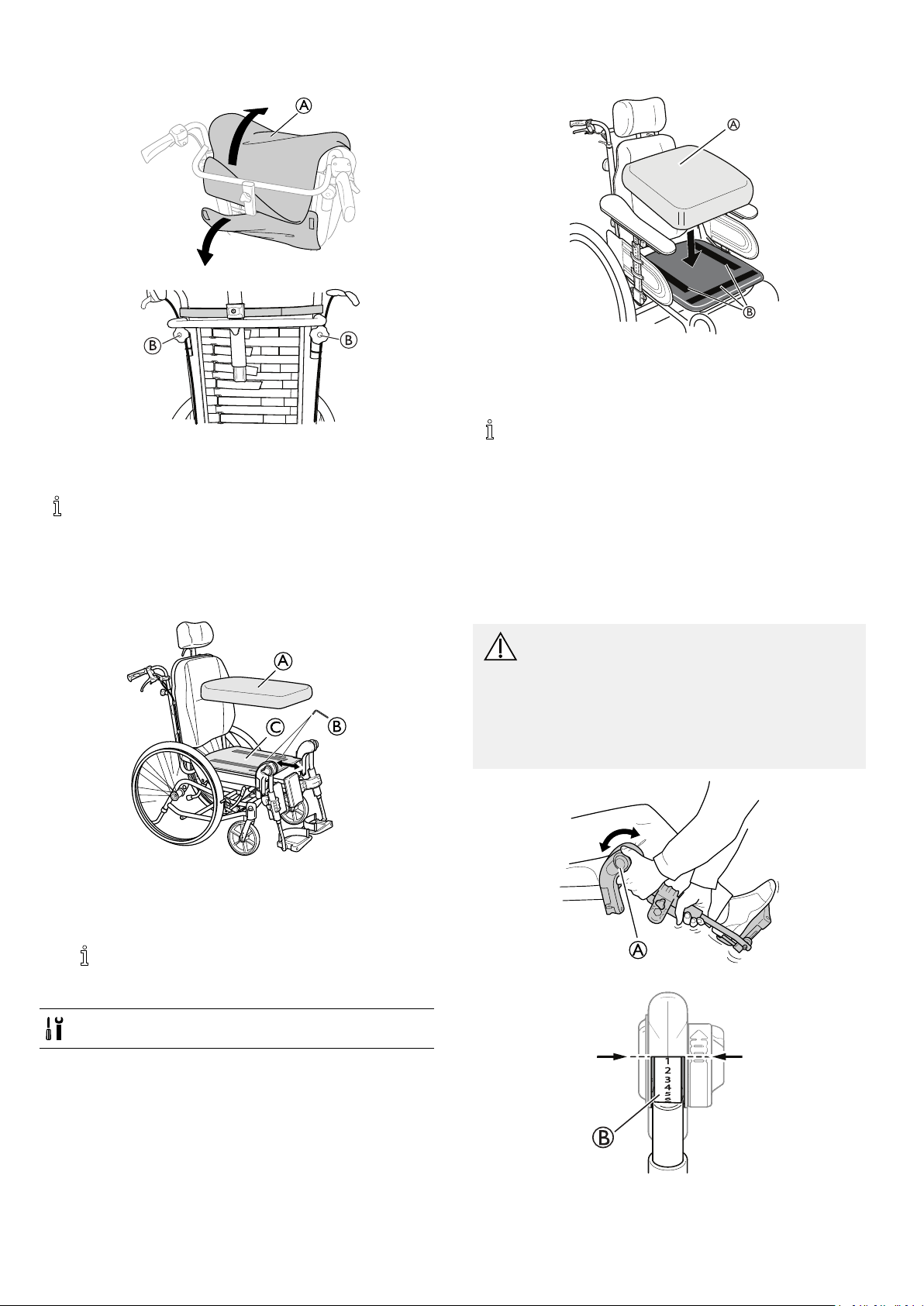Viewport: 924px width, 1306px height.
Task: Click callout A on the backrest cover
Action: point(302,106)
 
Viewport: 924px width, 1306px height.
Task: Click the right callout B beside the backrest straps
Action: point(350,339)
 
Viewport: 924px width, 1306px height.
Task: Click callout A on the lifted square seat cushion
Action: point(733,124)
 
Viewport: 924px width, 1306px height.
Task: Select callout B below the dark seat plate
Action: point(750,312)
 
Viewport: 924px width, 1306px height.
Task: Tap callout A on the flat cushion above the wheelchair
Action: point(284,660)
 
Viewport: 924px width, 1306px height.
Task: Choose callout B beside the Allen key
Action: point(336,726)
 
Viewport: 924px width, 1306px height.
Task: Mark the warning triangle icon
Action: point(500,646)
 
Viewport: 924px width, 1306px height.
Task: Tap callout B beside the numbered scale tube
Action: point(604,1138)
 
